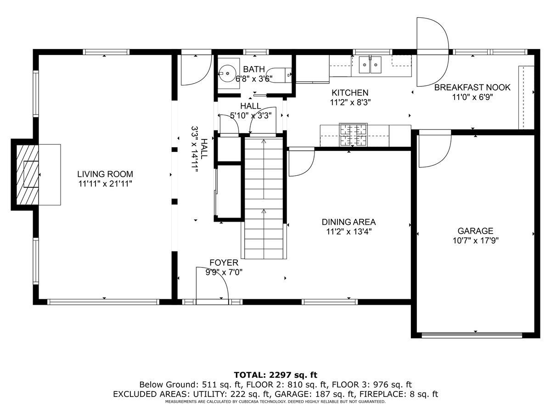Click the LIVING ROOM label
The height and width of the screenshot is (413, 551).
[105, 174]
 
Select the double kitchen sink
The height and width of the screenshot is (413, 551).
[370, 65]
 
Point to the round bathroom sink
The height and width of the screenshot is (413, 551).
[227, 73]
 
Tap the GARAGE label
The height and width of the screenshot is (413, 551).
[475, 231]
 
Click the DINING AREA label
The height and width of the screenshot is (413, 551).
[349, 222]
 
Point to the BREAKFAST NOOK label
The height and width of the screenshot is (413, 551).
[472, 88]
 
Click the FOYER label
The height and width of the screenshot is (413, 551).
[224, 262]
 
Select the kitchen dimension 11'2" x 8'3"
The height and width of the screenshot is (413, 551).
[350, 102]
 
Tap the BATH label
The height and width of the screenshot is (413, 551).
[254, 69]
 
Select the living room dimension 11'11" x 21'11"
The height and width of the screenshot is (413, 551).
[105, 184]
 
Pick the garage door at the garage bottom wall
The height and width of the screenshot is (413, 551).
[472, 335]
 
